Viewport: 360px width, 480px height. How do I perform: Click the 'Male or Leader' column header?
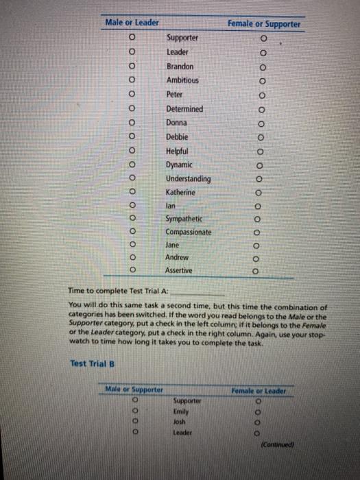point(132,23)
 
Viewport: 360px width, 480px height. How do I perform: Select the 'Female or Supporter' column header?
point(264,24)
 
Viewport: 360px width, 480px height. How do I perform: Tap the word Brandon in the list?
point(180,67)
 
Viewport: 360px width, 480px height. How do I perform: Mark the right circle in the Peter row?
point(261,95)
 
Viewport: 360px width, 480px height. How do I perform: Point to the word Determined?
point(184,109)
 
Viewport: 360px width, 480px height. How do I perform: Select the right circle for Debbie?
point(261,137)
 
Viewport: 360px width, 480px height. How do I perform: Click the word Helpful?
point(178,151)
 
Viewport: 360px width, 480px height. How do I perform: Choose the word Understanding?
point(189,179)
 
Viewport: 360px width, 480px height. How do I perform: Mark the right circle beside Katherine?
point(259,193)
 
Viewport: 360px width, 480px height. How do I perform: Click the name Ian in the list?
point(171,205)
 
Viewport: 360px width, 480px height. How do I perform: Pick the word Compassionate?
point(189,232)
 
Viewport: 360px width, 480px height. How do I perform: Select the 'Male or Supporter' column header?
point(134,389)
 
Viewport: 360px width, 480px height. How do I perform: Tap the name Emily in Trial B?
point(182,411)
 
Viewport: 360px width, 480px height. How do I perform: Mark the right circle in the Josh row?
point(257,422)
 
